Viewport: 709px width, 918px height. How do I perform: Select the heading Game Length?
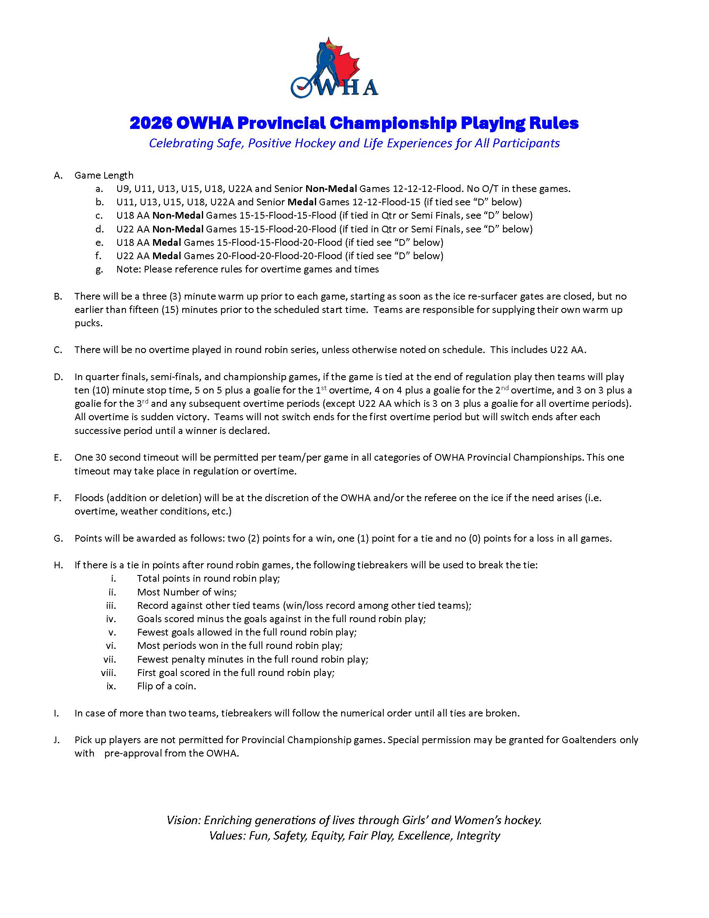click(104, 175)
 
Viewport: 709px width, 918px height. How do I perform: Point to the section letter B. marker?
click(58, 296)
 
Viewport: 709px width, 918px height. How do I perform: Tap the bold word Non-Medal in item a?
click(331, 189)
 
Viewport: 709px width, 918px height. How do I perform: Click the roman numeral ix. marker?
click(111, 686)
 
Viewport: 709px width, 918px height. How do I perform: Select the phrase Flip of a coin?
click(166, 686)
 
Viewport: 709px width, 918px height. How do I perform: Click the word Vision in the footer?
click(183, 820)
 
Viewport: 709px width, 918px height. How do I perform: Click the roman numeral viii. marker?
click(108, 673)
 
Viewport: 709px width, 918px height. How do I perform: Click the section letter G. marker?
click(58, 538)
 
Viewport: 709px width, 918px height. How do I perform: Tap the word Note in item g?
click(128, 270)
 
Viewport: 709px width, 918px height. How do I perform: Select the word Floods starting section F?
click(88, 498)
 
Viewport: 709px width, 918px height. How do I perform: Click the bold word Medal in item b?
click(302, 202)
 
